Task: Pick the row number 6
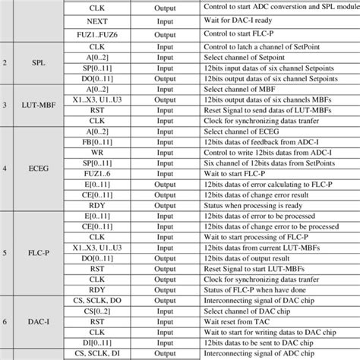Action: coord(7,321)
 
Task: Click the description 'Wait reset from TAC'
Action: coord(245,321)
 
